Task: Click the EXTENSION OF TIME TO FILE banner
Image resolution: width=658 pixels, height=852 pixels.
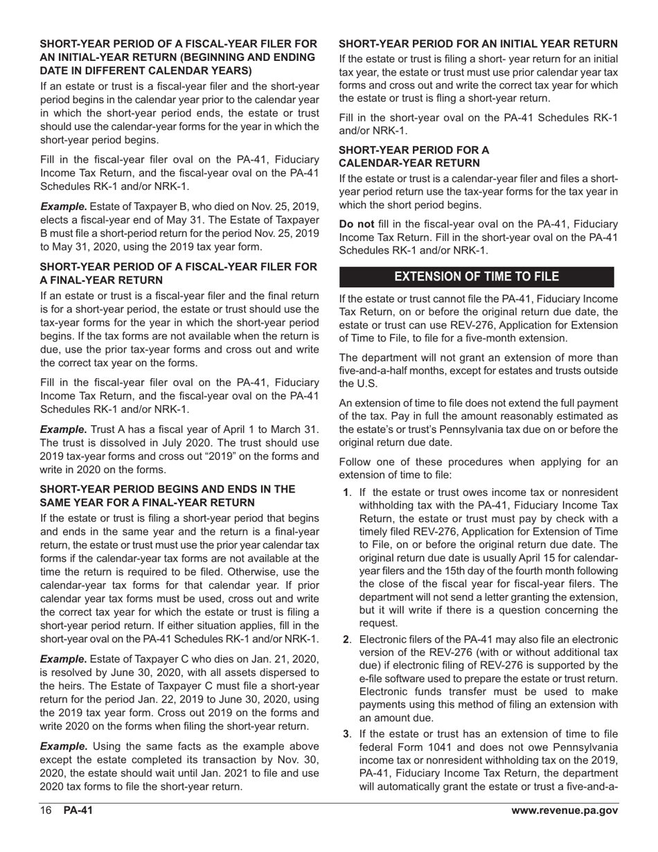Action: click(x=477, y=276)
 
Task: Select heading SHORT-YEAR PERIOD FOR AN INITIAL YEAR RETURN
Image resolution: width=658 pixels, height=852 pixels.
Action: click(x=478, y=44)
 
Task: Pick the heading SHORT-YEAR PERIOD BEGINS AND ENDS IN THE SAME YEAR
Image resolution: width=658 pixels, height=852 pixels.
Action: click(x=168, y=495)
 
